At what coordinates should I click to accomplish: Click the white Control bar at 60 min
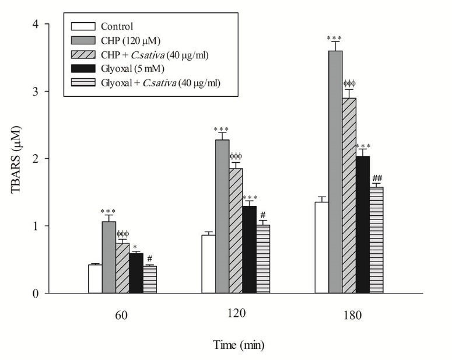click(95, 279)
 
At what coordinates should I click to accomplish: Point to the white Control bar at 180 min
click(321, 247)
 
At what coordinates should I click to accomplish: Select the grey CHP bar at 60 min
click(109, 257)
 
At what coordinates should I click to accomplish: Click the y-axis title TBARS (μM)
click(16, 158)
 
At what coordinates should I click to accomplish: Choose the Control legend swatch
click(82, 26)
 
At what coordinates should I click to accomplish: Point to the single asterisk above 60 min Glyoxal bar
click(136, 247)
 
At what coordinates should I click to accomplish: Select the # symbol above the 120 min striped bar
click(263, 215)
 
